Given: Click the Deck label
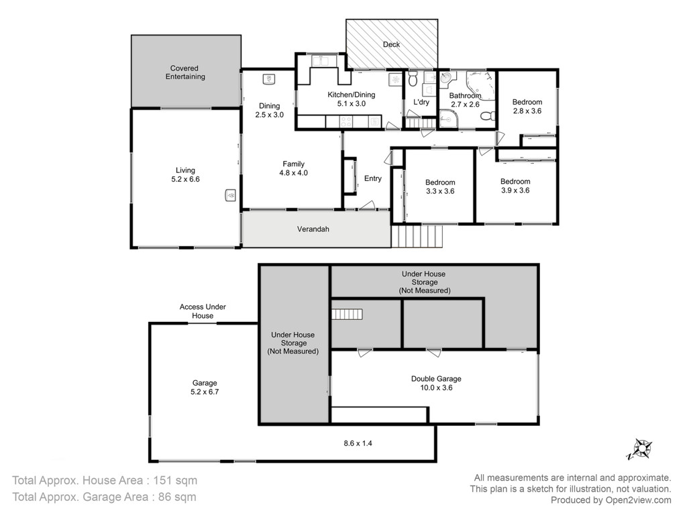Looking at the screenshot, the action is (391, 44).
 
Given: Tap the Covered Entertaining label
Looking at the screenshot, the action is (185, 72).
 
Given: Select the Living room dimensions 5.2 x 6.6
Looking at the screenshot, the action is (185, 179).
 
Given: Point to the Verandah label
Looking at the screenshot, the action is (313, 229).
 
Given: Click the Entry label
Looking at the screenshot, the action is (373, 178).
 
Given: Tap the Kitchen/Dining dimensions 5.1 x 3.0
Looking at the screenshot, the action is (352, 104).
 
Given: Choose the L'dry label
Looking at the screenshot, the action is (421, 102).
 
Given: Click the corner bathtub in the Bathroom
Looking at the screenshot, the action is (480, 85).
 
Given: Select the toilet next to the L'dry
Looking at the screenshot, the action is (413, 79).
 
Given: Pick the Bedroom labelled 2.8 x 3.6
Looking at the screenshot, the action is (527, 107).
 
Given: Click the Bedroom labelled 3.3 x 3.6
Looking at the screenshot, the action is (440, 187).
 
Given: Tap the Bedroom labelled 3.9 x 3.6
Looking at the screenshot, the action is (515, 186).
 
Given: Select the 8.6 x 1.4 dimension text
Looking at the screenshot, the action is (358, 443).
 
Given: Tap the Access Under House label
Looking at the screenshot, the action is (203, 311).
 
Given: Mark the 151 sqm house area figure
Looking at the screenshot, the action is (175, 480).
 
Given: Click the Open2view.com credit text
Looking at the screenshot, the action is (638, 500).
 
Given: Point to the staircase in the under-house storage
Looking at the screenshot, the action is (347, 314).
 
